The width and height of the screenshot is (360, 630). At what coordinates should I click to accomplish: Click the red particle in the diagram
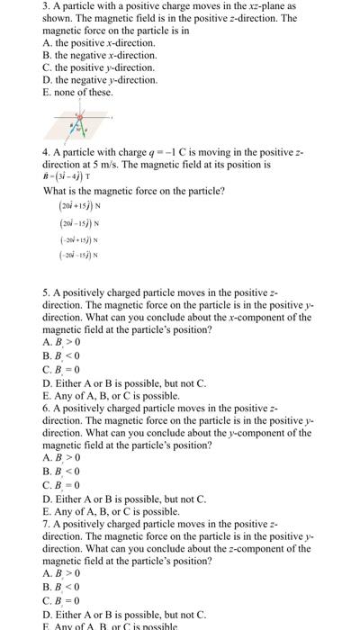[80, 116]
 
